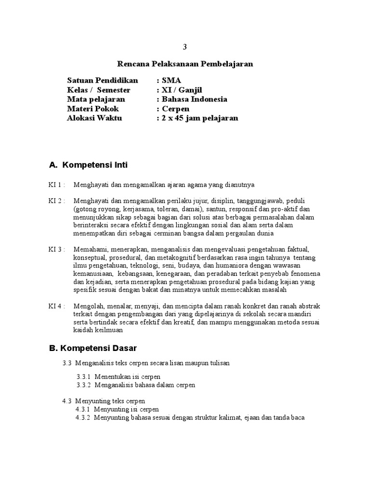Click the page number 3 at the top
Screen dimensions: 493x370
185,47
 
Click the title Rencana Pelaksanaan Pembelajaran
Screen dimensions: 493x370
185,64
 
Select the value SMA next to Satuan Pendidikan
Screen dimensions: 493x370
172,80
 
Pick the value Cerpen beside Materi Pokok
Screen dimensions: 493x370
176,109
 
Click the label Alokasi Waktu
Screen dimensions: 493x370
94,118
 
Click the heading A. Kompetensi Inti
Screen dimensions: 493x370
88,165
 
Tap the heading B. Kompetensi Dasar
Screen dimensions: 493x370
93,347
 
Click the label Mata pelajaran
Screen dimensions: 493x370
96,99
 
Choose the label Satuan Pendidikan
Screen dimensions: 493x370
103,80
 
